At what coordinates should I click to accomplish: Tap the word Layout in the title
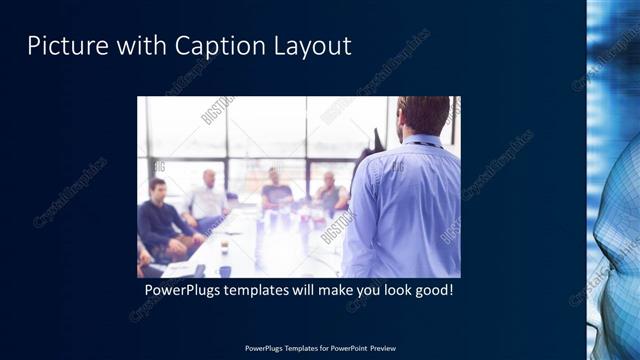pos(309,46)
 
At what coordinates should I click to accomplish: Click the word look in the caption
pos(388,291)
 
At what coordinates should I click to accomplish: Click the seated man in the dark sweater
pos(157,220)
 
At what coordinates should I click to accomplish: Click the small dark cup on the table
pos(225,270)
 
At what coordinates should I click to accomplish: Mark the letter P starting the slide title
pos(33,46)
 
